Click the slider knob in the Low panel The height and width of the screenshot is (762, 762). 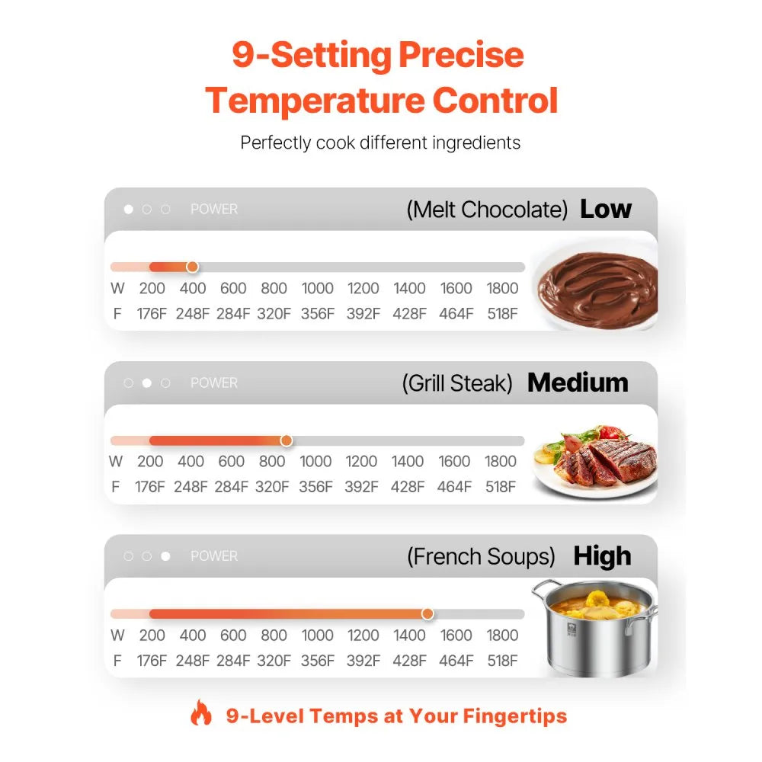point(193,267)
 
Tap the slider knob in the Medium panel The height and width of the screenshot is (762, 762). point(287,440)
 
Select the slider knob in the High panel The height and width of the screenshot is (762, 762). point(427,613)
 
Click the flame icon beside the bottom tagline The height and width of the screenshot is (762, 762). point(201,713)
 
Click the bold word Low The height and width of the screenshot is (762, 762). point(606,209)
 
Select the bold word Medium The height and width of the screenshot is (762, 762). point(578,383)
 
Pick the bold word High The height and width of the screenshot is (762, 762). point(602,556)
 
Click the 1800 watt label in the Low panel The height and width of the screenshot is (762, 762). point(502,288)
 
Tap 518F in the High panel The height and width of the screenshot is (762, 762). point(502,661)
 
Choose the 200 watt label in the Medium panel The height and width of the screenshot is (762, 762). point(150,461)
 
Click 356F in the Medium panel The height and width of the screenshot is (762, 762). point(316,486)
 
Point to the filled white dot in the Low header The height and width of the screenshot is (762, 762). point(128,209)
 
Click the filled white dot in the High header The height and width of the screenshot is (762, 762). point(165,556)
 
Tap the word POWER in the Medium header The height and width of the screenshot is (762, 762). point(214,383)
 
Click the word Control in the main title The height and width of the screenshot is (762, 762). point(495,100)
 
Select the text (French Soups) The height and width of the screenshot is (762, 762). point(481,556)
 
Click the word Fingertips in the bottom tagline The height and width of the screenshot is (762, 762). point(514,716)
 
